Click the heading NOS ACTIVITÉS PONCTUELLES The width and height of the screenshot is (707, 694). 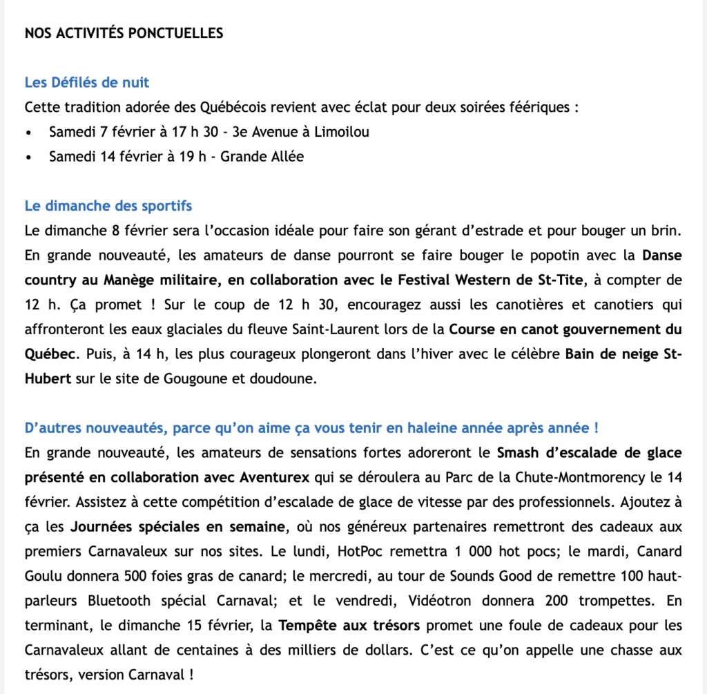124,33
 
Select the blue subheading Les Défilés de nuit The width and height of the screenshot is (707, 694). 87,83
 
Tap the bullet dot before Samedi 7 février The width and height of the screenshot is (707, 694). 28,132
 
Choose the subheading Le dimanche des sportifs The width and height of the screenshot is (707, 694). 108,206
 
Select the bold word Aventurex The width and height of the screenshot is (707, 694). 276,477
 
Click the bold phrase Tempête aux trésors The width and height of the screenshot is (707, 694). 350,626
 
